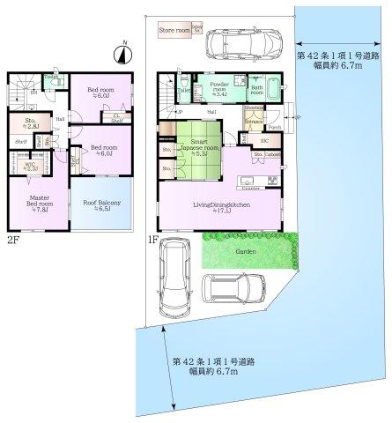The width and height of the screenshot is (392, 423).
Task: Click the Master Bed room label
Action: (x=40, y=204)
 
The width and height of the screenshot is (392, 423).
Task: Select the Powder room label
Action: (x=220, y=86)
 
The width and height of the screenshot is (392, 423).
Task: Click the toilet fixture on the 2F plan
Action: (x=52, y=84)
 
